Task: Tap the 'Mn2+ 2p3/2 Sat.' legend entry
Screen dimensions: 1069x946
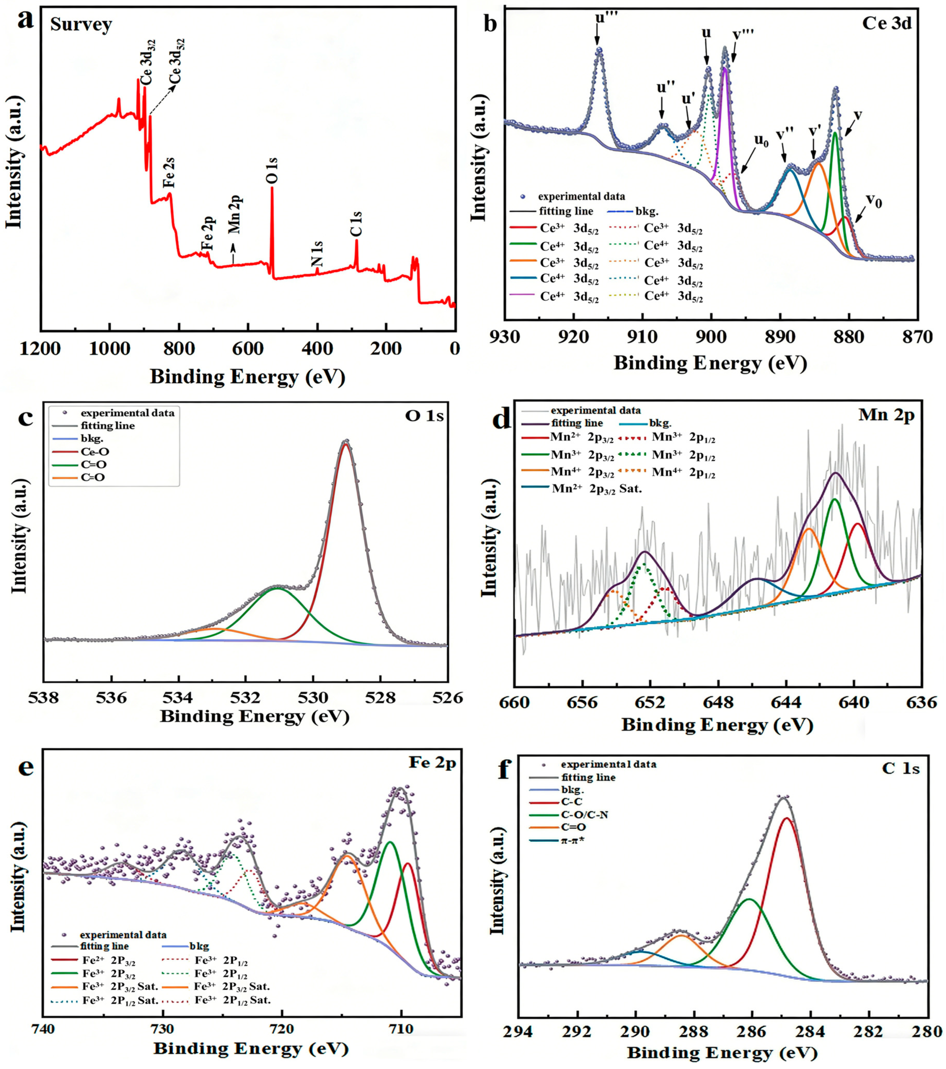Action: [x=596, y=489]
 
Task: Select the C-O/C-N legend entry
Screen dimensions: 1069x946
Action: [x=585, y=815]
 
